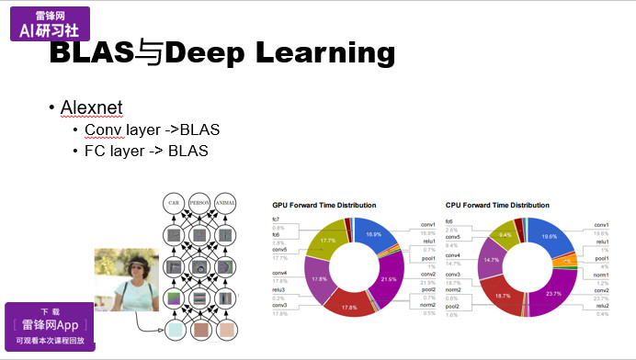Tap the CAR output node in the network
pyautogui.click(x=172, y=202)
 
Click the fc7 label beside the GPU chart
pyautogui.click(x=276, y=219)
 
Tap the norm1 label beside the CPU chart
pyautogui.click(x=601, y=274)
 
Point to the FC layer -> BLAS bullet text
pyautogui.click(x=141, y=150)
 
